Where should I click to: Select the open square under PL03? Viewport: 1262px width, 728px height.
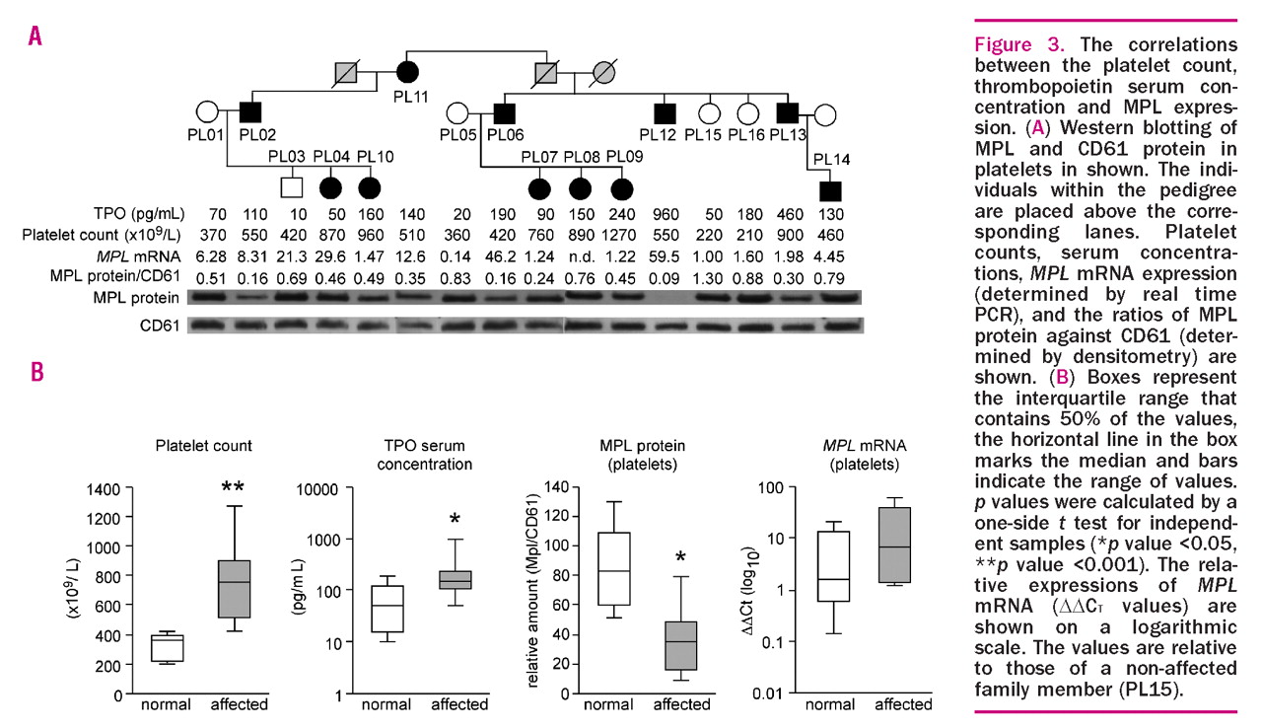coord(289,184)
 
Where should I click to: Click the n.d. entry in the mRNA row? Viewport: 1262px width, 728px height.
coord(583,256)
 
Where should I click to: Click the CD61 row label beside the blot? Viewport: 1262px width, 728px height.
coord(159,325)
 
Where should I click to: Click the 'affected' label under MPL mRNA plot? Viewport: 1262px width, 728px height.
coord(902,704)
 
